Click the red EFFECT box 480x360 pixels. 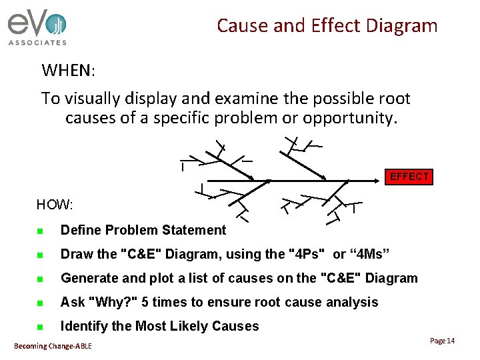click(x=409, y=177)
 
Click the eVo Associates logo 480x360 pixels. click(x=37, y=27)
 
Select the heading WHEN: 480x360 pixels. click(x=69, y=70)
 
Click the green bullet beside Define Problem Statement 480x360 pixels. click(x=40, y=231)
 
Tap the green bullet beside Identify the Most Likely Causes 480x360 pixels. click(x=40, y=327)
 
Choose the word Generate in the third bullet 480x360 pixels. click(x=89, y=278)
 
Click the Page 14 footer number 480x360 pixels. click(x=442, y=341)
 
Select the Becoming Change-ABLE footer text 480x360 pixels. click(x=53, y=345)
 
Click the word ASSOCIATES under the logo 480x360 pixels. click(x=37, y=43)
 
